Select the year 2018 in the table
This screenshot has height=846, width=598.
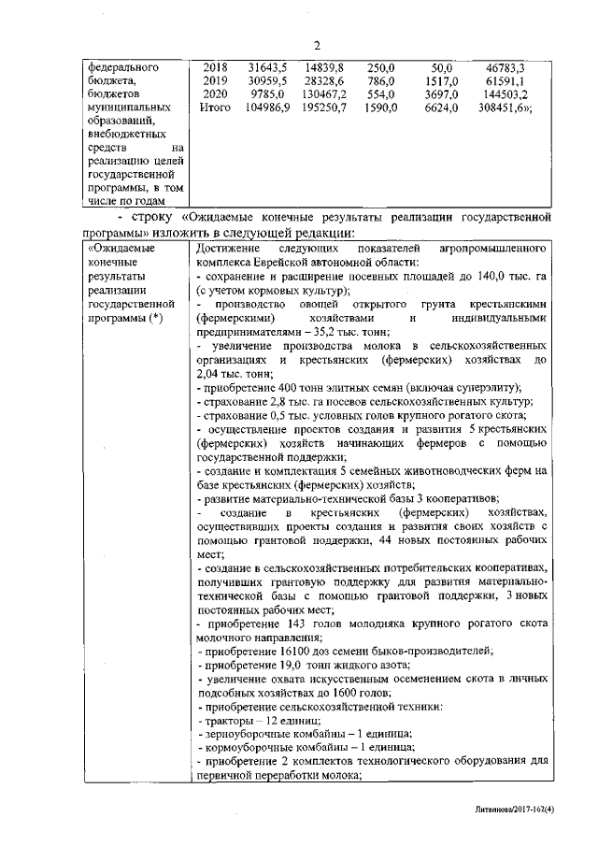coord(215,68)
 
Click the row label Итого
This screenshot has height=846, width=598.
coord(215,108)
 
